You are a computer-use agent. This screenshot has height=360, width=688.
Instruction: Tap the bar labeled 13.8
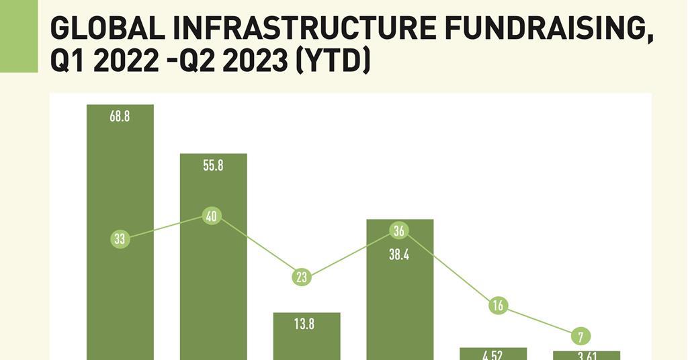[x=306, y=343]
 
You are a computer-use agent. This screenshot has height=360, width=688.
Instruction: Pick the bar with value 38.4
[x=400, y=302]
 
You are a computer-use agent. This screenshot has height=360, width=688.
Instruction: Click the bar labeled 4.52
[x=492, y=354]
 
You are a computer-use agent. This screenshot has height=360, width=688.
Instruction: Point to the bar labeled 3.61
[x=586, y=355]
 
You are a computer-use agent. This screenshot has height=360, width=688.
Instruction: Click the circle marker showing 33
[x=120, y=238]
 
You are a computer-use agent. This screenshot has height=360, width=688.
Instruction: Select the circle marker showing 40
[x=212, y=216]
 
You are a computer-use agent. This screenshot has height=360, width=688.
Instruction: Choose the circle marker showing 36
[x=399, y=231]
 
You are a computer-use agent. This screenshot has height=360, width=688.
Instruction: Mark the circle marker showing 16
[x=498, y=306]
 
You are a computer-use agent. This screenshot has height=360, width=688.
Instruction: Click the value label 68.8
[x=120, y=116]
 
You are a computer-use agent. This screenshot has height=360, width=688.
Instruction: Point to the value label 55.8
[x=213, y=165]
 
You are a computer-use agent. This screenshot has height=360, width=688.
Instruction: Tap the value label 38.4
[x=399, y=255]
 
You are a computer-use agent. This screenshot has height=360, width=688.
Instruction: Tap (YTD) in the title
[x=334, y=62]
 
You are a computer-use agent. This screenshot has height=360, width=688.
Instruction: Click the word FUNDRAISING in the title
[x=548, y=30]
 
